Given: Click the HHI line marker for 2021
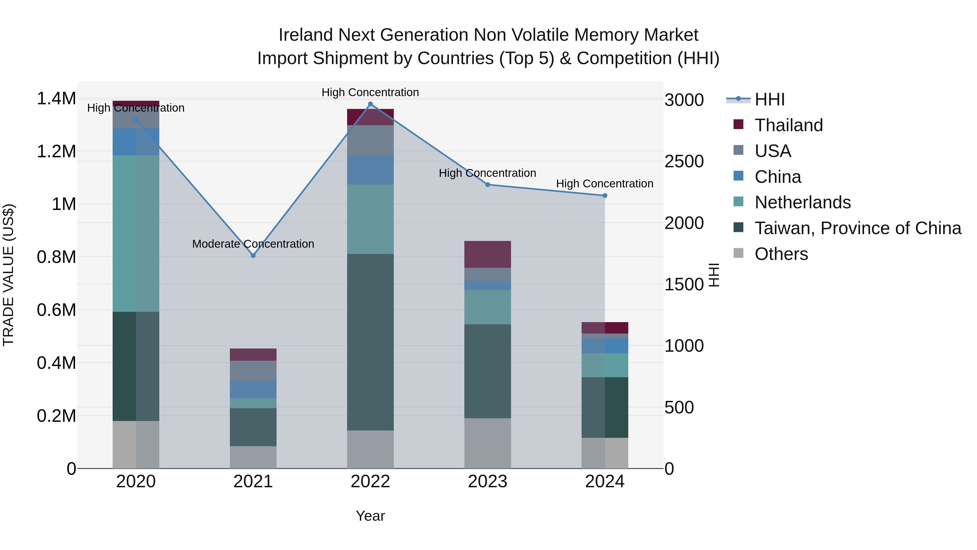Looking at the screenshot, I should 253,256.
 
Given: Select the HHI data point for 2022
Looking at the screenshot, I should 370,104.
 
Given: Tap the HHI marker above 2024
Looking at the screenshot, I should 605,196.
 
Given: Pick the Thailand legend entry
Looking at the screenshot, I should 788,125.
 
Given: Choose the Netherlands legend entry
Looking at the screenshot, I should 802,202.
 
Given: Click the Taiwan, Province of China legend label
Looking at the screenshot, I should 858,228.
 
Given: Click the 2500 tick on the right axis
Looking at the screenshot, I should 684,161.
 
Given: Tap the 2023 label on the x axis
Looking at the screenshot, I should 487,482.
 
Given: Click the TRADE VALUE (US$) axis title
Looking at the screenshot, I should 8,275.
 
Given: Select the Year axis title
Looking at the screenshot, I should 370,516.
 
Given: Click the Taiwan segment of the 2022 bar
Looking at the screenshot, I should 370,342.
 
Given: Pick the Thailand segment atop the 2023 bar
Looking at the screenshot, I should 487,254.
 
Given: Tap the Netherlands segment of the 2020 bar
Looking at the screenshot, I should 136,233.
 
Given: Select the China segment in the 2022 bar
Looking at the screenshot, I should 370,170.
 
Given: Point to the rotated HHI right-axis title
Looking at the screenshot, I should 713,275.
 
